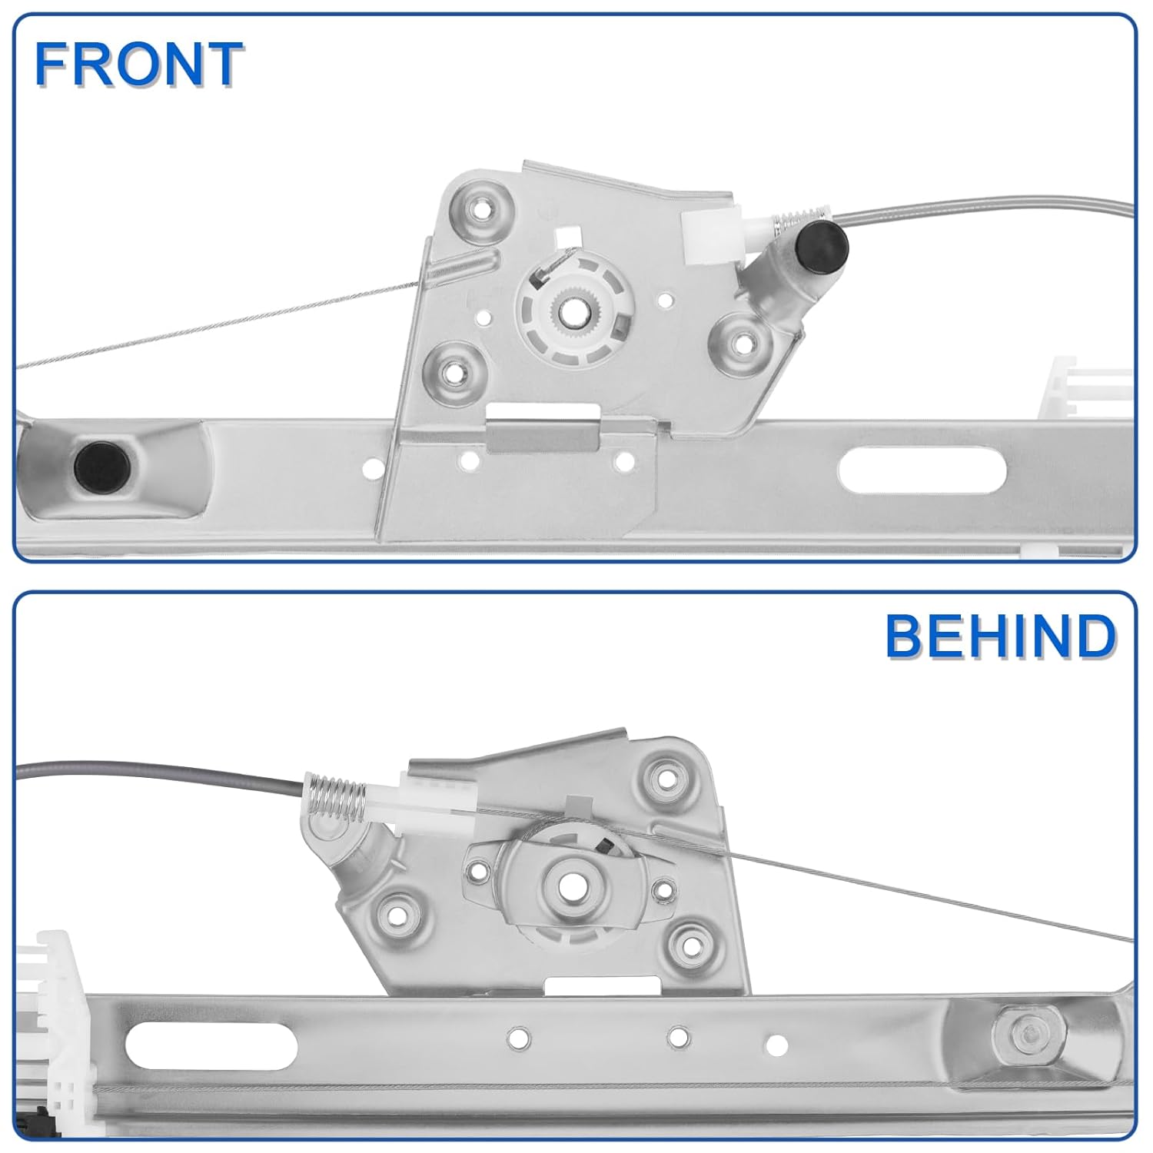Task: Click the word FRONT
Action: click(x=139, y=65)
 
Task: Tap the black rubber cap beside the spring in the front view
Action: click(x=823, y=245)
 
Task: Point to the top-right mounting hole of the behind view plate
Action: click(x=663, y=773)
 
